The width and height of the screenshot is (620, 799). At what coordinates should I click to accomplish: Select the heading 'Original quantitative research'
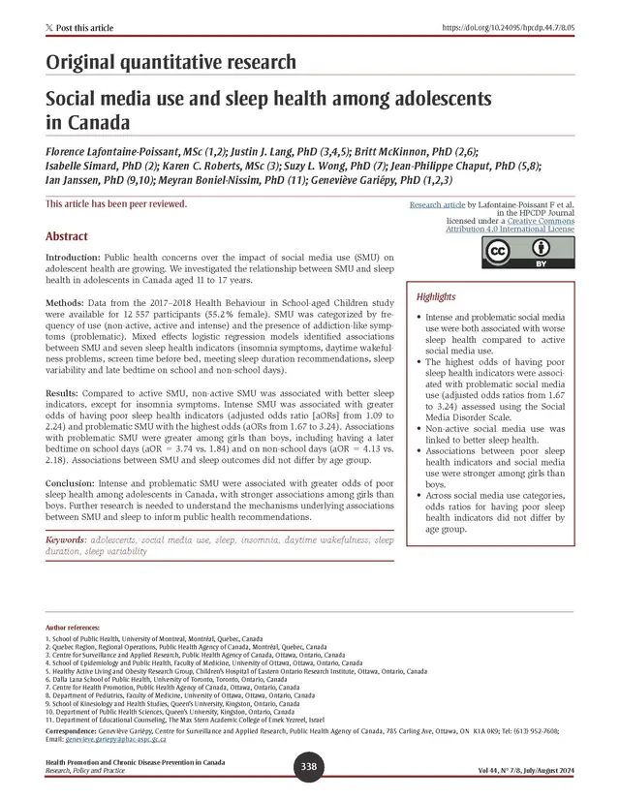point(170,63)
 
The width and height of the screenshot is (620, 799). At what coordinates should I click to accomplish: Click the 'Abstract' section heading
point(67,236)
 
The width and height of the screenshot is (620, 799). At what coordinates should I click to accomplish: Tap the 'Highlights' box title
point(437,296)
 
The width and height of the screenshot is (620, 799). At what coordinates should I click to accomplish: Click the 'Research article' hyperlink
point(437,205)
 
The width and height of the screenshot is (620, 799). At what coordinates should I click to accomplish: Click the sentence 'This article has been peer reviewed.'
point(116,204)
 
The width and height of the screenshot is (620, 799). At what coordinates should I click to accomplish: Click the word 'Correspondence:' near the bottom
point(77,731)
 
